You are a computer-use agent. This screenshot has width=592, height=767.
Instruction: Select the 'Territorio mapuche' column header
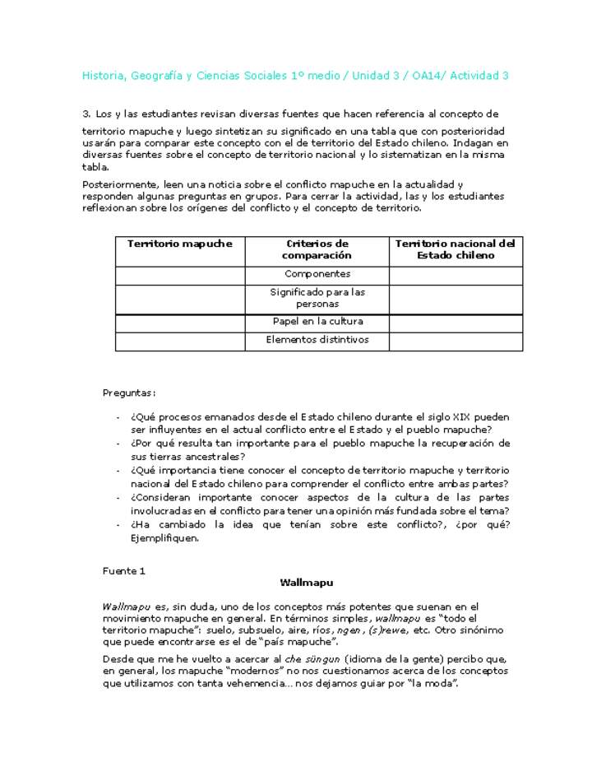coord(179,244)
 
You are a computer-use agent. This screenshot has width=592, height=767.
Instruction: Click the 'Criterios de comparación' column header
coord(317,249)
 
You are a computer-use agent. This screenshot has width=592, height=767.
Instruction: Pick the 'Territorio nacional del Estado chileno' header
coord(456,249)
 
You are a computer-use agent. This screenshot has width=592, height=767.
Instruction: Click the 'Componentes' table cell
coord(317,274)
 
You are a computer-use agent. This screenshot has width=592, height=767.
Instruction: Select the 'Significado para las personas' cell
coord(317,298)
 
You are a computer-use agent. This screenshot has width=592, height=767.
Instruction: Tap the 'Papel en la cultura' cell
coord(317,322)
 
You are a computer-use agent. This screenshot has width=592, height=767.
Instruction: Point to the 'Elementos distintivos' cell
coord(317,340)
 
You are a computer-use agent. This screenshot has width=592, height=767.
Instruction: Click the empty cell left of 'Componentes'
coord(179,274)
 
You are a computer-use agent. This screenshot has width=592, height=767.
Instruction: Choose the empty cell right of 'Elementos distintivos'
coord(456,340)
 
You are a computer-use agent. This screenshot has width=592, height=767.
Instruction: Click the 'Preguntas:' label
coord(129,393)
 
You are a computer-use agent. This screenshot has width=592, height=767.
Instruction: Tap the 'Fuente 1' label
coord(123,570)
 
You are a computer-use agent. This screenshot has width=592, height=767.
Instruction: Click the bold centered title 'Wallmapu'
coord(306,583)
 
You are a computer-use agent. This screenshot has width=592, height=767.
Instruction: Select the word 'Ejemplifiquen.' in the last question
coord(164,539)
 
